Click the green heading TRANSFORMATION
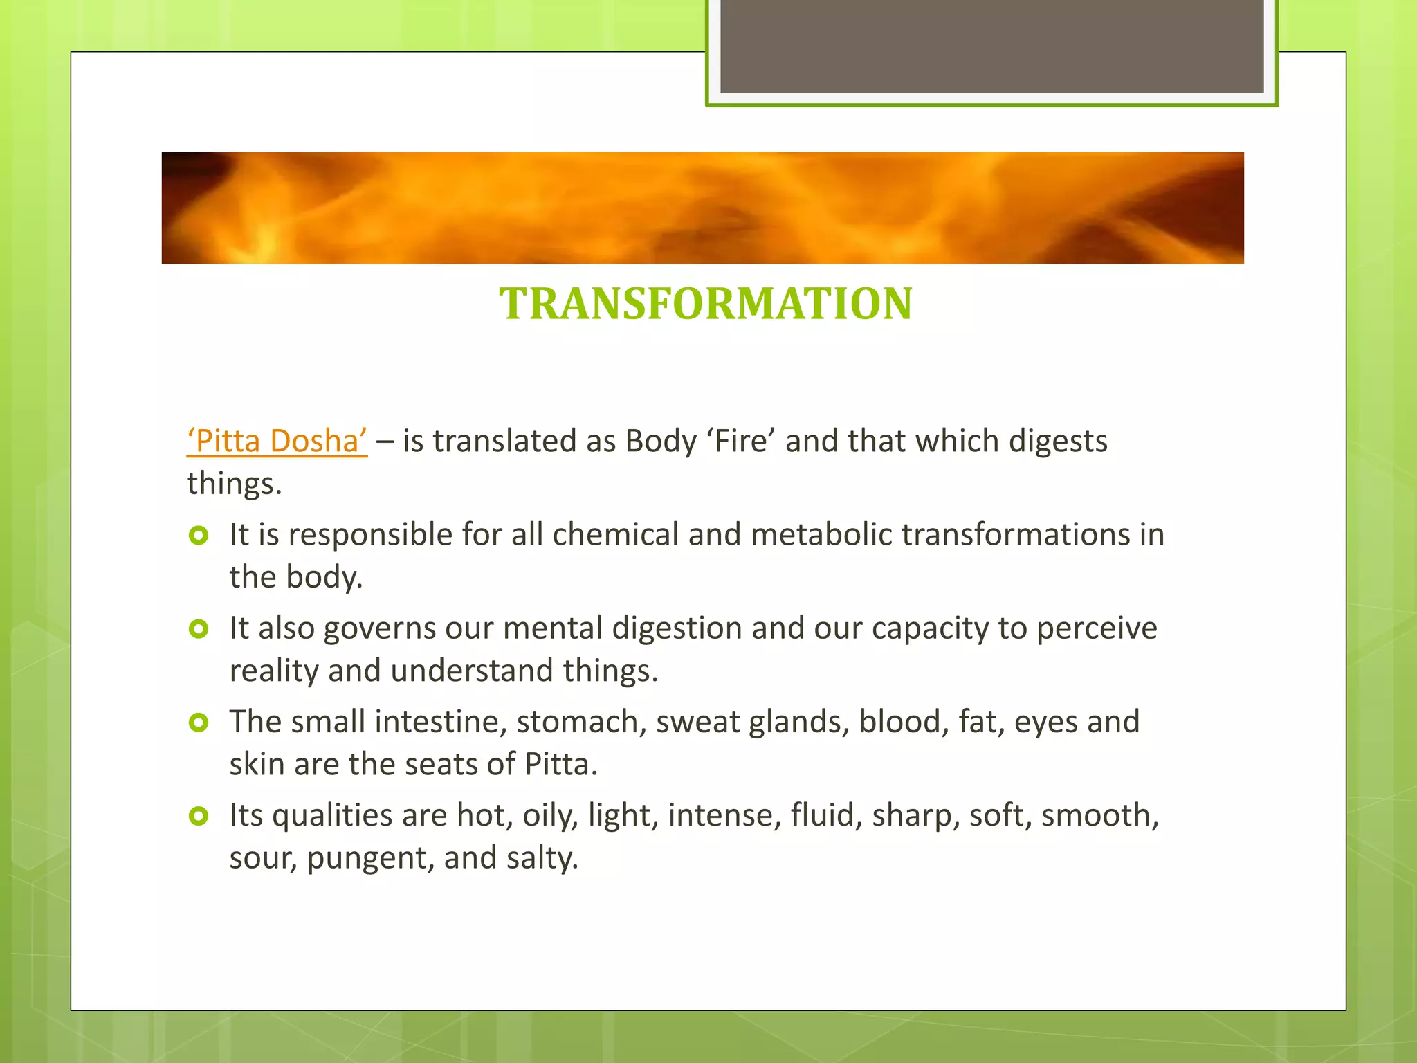706,304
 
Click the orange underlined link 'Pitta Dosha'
277,441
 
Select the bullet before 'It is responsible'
199,536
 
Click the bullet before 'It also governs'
199,629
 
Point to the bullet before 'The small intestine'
199,723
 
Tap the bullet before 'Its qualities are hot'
199,816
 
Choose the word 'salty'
542,858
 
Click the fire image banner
702,208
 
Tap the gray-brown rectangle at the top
991,46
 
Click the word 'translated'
505,441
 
